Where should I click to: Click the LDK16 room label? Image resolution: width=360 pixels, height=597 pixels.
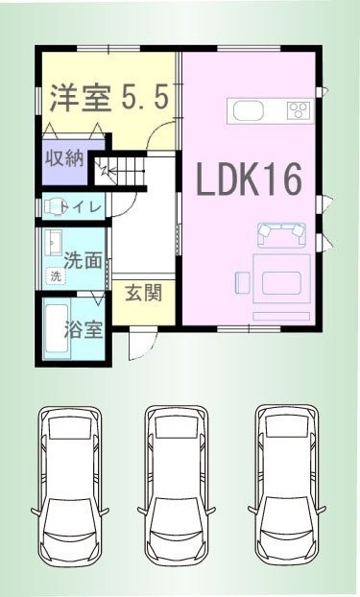(x=249, y=179)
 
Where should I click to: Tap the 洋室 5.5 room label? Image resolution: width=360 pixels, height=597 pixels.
(x=109, y=98)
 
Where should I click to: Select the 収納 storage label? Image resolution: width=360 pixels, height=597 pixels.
(x=64, y=157)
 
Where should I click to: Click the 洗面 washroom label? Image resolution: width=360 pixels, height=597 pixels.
(x=84, y=260)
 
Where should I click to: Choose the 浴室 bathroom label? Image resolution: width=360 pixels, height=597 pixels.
(x=84, y=329)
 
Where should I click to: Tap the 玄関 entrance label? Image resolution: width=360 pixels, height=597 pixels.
(x=144, y=293)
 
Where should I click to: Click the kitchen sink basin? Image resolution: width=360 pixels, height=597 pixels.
(x=249, y=111)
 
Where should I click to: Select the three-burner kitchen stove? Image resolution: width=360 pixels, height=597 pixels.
(x=300, y=110)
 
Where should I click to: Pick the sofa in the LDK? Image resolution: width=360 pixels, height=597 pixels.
(x=282, y=234)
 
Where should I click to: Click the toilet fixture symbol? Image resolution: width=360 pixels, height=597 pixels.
(x=53, y=207)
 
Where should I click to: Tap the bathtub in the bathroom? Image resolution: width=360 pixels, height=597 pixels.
(x=57, y=328)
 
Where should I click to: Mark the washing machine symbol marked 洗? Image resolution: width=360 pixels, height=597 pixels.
(x=56, y=276)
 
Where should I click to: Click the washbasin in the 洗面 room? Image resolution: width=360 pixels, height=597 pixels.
(x=53, y=243)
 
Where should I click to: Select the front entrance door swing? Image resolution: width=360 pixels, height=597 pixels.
(x=142, y=345)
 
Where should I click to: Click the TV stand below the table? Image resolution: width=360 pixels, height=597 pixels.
(x=281, y=316)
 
